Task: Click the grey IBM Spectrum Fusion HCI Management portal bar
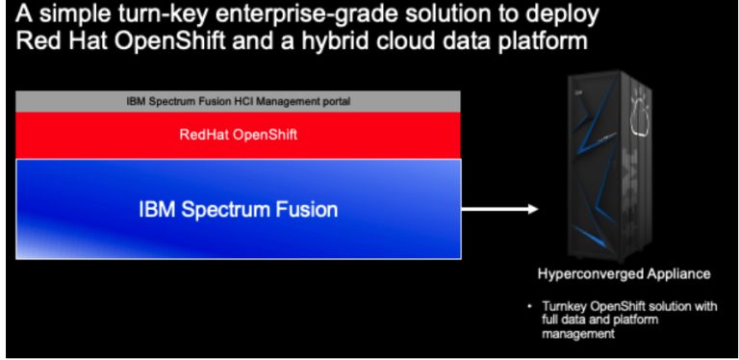(239, 101)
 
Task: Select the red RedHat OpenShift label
(239, 134)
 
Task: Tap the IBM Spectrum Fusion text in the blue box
(238, 208)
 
